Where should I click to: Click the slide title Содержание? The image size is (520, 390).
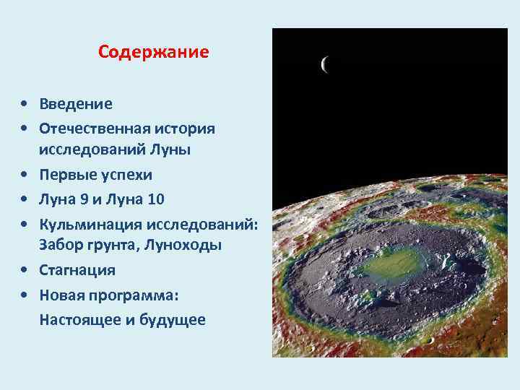(x=153, y=53)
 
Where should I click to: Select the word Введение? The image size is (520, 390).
(x=76, y=104)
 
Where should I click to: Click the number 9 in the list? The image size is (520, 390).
(x=79, y=199)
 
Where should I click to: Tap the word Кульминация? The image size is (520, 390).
(x=89, y=222)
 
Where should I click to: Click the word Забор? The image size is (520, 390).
(x=61, y=246)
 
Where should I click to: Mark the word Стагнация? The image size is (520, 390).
(x=77, y=270)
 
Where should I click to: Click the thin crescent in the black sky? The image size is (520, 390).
(x=324, y=65)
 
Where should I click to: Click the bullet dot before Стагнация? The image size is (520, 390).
(x=25, y=271)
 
